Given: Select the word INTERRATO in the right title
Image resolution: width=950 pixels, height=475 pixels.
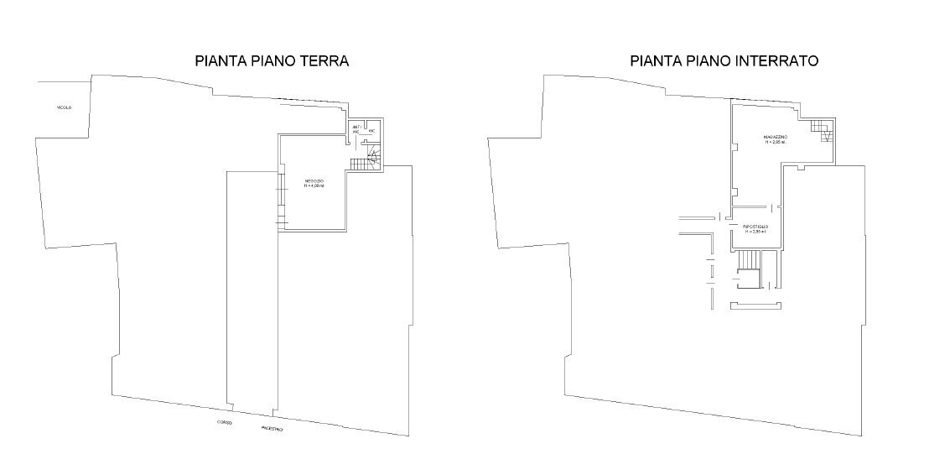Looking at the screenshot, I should coord(773,61).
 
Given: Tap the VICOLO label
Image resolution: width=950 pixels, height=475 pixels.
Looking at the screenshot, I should coord(64,108).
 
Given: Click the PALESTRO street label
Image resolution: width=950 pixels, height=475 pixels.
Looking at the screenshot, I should coord(272,429).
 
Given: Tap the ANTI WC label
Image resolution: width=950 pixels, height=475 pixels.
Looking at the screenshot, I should coord(356,129).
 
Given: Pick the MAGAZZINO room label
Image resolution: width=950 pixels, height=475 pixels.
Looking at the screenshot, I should coord(774,136).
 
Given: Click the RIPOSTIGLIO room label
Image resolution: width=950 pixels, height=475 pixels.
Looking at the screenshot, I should coord(756,227).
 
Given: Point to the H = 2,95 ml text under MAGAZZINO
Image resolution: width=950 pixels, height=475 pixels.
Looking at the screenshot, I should coord(774,143).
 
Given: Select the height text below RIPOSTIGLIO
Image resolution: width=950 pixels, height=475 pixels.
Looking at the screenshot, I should coord(756,233).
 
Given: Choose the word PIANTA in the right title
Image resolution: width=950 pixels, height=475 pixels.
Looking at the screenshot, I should coord(654,61).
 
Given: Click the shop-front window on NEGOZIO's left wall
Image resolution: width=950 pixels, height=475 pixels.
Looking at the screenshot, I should coord(281,200).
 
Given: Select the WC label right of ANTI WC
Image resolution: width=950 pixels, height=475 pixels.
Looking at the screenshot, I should coord(371,132).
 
